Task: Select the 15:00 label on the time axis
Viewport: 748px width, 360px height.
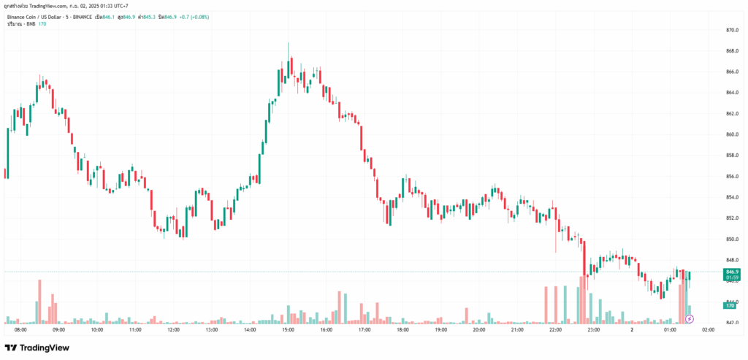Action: pos(288,329)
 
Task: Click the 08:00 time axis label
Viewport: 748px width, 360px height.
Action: pos(20,329)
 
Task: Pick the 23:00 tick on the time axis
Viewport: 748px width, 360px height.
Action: pos(593,329)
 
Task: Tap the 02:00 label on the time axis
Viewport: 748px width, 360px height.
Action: pos(708,329)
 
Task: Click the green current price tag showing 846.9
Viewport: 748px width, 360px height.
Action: pos(730,272)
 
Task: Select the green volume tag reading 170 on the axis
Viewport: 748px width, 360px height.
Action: pos(729,305)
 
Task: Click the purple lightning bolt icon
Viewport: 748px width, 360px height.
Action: pos(690,318)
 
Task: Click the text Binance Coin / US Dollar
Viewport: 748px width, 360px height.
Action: pos(37,16)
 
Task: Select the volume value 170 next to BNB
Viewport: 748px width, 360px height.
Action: pos(42,24)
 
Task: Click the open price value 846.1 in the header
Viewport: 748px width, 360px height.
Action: pos(111,16)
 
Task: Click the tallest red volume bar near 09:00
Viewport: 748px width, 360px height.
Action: pos(39,301)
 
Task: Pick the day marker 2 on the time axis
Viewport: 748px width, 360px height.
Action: pos(632,329)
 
